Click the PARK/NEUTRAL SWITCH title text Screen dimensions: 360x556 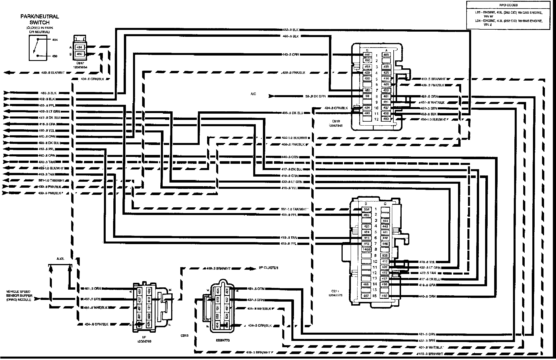tap(40, 19)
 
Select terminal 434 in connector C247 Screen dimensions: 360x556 tap(79, 47)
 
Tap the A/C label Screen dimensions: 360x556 tap(253, 94)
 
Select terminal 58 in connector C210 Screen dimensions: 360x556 tap(367, 96)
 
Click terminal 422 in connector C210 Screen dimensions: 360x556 tap(386, 90)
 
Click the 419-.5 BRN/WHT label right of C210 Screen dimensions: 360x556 tap(433, 79)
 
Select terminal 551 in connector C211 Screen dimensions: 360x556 tap(366, 209)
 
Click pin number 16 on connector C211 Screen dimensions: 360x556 tap(375, 296)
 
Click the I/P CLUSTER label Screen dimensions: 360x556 tap(268, 268)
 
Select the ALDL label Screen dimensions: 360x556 tap(60, 259)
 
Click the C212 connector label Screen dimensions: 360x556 tap(185, 335)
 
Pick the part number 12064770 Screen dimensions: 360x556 tap(223, 340)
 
